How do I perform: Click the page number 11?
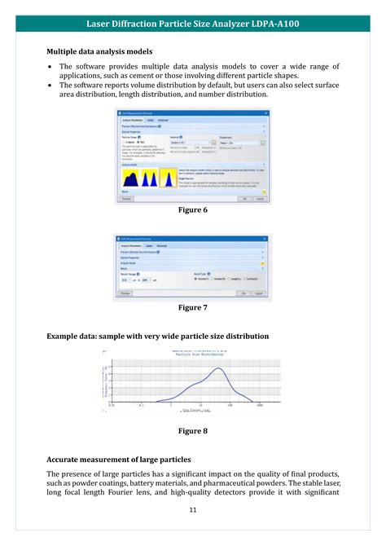[193, 510]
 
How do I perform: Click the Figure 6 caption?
[193, 210]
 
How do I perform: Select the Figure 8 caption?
[193, 430]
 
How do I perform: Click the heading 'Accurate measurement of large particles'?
[119, 459]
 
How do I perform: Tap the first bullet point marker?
[50, 66]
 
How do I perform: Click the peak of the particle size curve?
[217, 369]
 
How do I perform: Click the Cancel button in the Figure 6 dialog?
[261, 198]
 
